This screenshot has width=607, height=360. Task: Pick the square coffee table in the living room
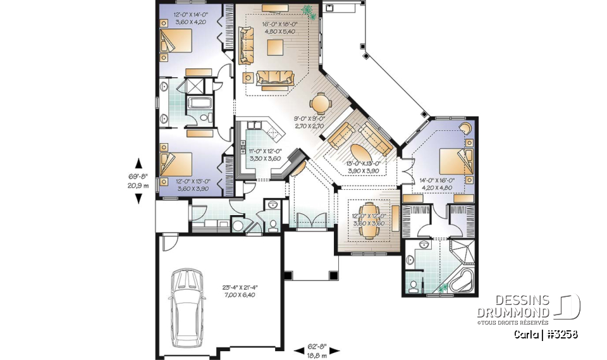pyautogui.click(x=274, y=47)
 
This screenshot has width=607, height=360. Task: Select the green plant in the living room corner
pyautogui.click(x=308, y=11)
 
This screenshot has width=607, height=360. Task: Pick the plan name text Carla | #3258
pyautogui.click(x=546, y=334)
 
